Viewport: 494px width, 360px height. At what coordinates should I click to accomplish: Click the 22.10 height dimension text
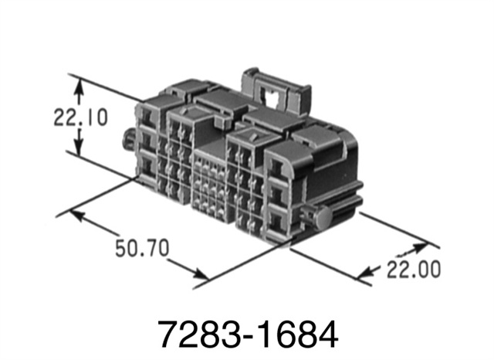[x=80, y=118]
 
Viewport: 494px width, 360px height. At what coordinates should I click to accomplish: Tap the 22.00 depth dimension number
[x=414, y=270]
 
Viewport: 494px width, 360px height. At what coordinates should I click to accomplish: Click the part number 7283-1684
[x=247, y=334]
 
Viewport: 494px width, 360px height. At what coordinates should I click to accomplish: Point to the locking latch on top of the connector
[x=272, y=88]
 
